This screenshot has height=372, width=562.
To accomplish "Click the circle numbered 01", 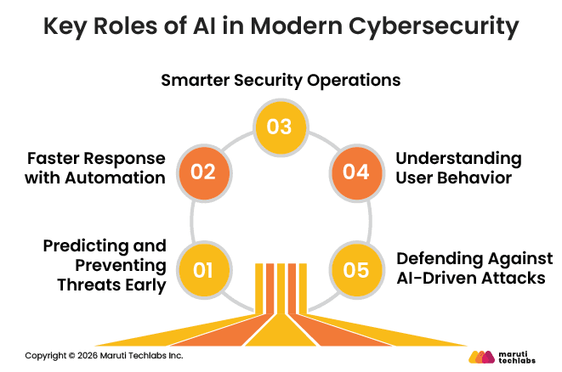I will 202,271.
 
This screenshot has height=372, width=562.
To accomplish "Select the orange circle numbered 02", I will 202,171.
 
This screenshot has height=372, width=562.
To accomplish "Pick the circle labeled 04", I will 356,171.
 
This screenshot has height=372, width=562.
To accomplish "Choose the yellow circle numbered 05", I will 356,271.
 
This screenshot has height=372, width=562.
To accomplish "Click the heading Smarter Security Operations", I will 281,82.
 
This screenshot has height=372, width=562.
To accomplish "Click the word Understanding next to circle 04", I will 459,159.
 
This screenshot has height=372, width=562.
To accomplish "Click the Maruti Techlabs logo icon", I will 482,356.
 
